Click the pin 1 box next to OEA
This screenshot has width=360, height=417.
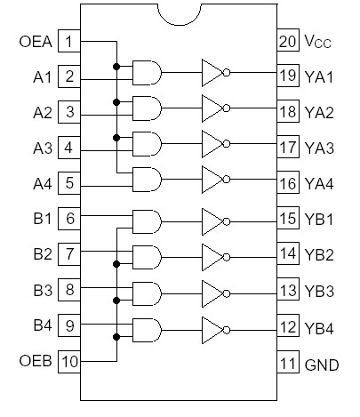coord(69,41)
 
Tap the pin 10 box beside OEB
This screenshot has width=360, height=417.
coord(69,362)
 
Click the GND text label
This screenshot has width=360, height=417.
coord(322,365)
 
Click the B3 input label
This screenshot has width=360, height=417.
coord(41,290)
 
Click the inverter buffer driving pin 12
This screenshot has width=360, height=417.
coord(213,326)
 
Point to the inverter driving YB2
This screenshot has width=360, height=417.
coord(213,256)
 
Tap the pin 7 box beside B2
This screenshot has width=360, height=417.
coord(69,254)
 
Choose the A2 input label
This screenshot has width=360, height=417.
coord(41,113)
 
